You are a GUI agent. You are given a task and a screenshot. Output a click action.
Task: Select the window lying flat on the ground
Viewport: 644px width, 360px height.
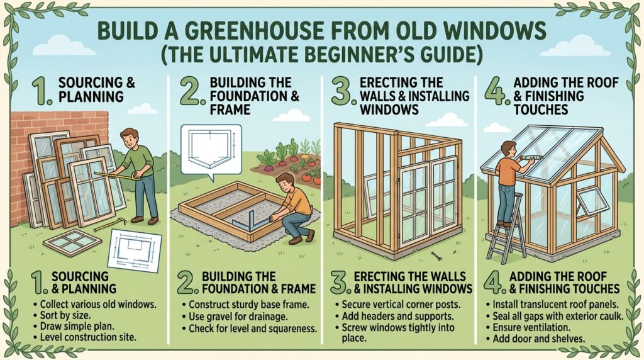(72, 242)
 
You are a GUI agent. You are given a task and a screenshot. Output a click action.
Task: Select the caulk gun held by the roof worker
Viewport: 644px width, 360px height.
(526, 157)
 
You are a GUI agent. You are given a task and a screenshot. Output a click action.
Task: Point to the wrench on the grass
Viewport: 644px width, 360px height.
(436, 256)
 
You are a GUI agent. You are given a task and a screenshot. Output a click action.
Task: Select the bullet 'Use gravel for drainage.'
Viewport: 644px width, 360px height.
(238, 317)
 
